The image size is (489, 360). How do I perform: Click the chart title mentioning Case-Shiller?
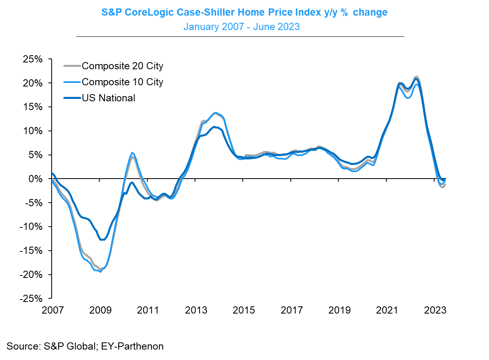[x=244, y=12]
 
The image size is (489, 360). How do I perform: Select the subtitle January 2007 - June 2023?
[x=241, y=27]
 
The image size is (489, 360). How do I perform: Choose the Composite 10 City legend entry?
[x=122, y=82]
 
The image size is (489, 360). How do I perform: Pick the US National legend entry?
[x=108, y=98]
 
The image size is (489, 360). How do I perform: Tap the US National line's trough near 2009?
[x=103, y=239]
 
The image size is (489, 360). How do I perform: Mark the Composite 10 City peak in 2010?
[x=132, y=153]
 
